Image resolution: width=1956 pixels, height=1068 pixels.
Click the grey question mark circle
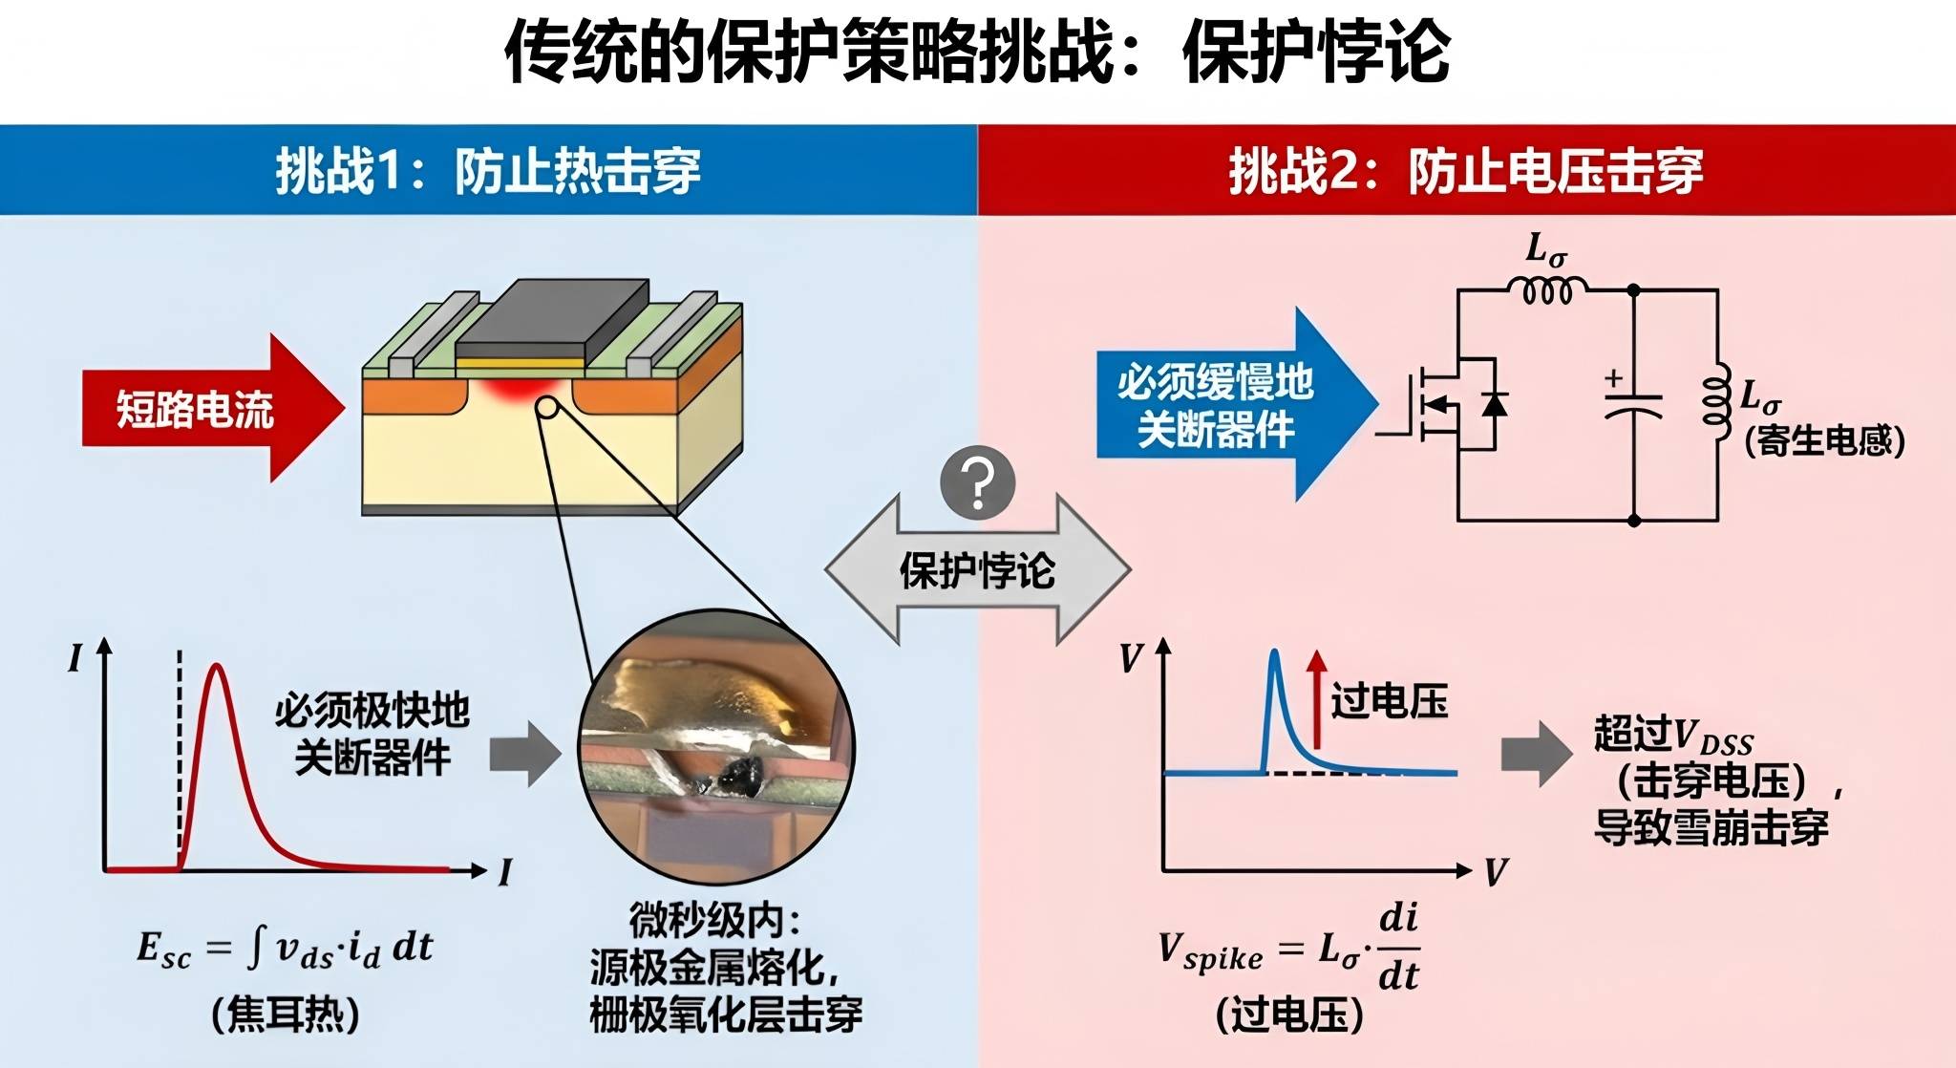coord(977,482)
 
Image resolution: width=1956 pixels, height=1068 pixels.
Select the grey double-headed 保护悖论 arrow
coord(977,570)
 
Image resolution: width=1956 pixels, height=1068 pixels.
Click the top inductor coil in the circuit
coord(1547,288)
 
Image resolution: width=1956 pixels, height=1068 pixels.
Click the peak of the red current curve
coord(218,667)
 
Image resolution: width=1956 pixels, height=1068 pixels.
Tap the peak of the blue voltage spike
coord(1275,653)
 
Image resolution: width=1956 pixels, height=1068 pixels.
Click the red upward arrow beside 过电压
coord(1317,697)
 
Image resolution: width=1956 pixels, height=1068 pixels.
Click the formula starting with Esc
coord(285,948)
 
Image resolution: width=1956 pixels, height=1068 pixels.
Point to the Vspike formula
coord(1289,948)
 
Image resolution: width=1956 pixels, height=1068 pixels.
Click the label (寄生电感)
coord(1823,440)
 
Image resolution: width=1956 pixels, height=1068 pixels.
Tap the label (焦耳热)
coord(285,1014)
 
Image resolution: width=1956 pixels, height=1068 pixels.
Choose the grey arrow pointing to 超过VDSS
coord(1536,754)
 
